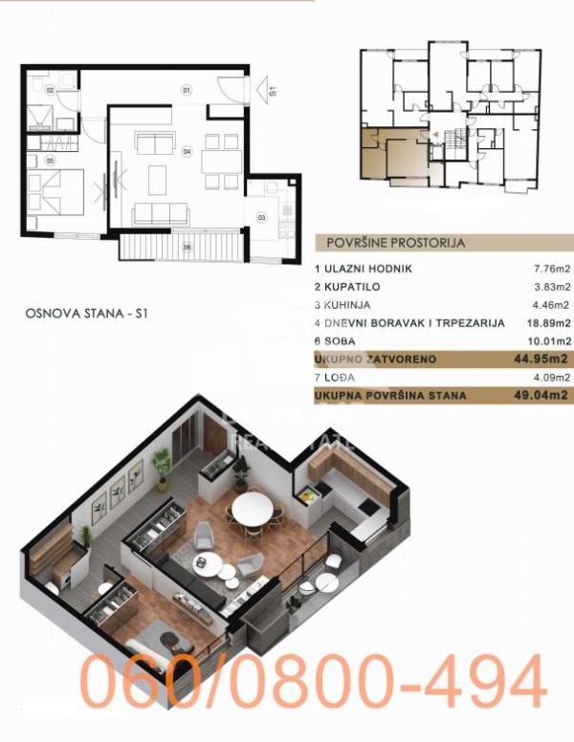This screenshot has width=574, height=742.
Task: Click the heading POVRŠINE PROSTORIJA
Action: (x=395, y=243)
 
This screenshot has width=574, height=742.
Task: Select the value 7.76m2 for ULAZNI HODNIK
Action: (x=551, y=271)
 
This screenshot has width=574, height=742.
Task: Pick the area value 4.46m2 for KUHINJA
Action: (x=551, y=306)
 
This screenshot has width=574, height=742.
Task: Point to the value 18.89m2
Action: (x=548, y=323)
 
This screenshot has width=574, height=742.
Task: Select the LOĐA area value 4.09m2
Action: (x=551, y=377)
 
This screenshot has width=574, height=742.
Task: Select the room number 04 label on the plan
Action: (x=187, y=151)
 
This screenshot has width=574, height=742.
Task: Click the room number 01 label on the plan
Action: (x=187, y=89)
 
